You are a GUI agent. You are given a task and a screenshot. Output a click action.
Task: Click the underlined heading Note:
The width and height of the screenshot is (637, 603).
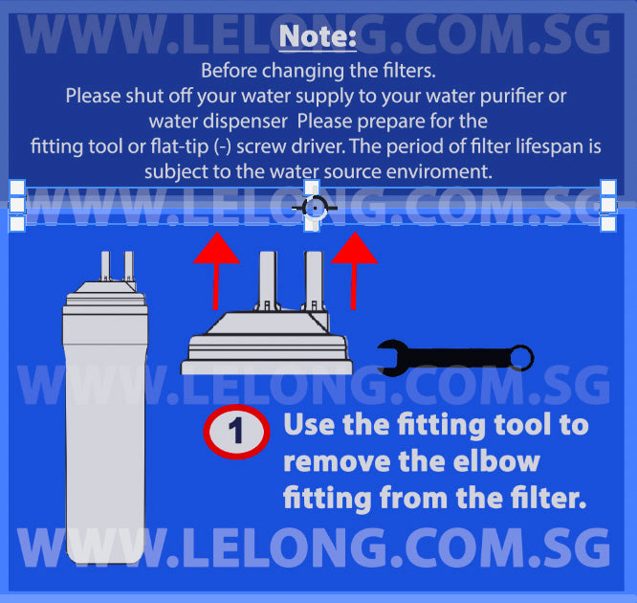click(x=318, y=37)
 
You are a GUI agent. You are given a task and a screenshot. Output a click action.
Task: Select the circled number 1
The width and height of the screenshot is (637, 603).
click(x=236, y=432)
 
